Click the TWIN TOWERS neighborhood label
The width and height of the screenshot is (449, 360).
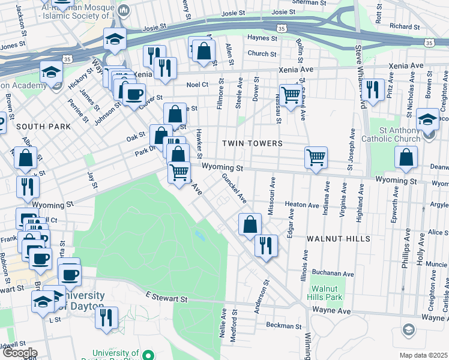[252, 143]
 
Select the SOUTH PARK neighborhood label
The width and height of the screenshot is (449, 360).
[43, 127]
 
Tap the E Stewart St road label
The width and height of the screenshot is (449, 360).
[166, 298]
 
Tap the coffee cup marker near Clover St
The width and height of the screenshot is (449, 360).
[134, 94]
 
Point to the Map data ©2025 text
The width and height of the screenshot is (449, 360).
[423, 355]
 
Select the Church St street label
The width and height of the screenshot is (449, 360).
[262, 53]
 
